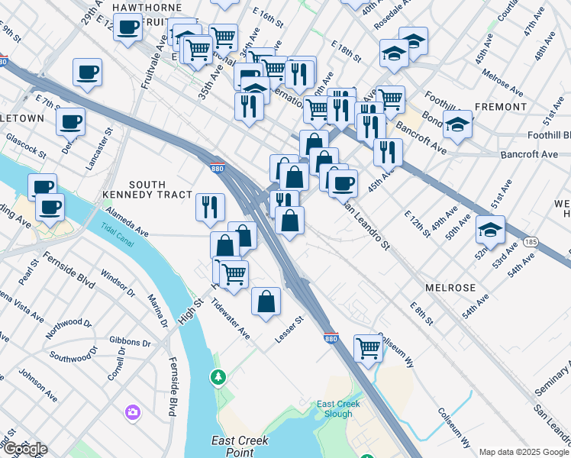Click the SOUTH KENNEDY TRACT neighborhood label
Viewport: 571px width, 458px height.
[x=160, y=190]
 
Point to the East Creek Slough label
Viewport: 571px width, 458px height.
[x=335, y=408]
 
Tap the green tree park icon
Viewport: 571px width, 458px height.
[x=219, y=376]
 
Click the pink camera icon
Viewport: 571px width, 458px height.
[x=133, y=412]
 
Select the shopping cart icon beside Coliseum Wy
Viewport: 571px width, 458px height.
[x=369, y=347]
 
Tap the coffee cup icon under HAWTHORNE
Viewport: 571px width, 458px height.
[x=128, y=28]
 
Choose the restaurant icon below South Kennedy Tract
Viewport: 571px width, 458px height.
[x=210, y=207]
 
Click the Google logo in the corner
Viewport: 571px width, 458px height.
[x=24, y=449]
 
